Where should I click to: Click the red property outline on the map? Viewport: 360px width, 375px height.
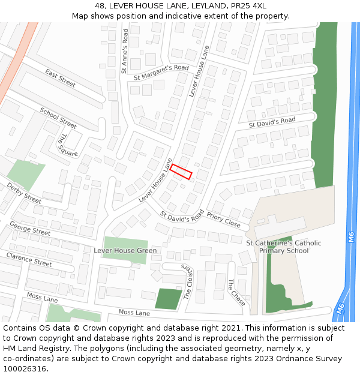coord(181,172)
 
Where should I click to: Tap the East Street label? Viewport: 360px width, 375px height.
coord(60,78)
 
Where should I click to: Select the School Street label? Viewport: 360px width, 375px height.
coord(58,118)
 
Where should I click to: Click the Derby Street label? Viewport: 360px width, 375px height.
coord(24,193)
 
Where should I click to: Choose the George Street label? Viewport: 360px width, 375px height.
coord(30,228)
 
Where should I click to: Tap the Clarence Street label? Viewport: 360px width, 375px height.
coord(29,259)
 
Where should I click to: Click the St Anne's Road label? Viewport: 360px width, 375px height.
coord(125,51)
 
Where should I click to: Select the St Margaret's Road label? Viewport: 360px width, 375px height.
coord(161,73)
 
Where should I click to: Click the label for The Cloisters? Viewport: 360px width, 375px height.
coord(188,281)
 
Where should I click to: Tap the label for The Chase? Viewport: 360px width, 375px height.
coord(236,292)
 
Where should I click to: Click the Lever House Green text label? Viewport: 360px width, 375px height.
coord(125,250)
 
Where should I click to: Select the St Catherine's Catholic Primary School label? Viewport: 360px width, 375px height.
coord(284,247)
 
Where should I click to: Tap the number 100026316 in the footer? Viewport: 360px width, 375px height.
coord(25,368)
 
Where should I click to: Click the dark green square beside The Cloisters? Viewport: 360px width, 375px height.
coord(167,298)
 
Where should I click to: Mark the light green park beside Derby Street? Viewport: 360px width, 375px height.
coord(26,174)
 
